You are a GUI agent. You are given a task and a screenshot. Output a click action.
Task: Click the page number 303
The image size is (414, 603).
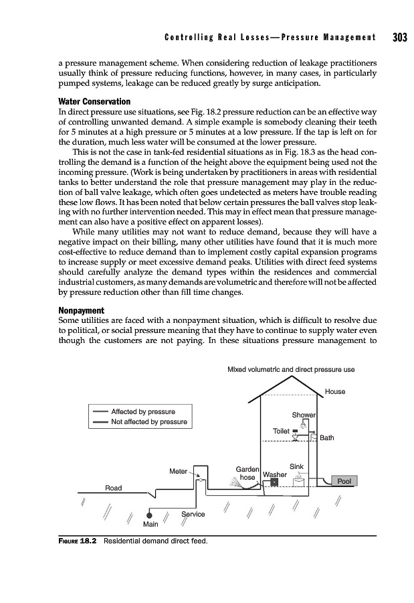tap(399, 36)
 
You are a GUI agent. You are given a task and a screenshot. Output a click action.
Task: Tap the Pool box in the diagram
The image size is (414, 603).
tap(344, 480)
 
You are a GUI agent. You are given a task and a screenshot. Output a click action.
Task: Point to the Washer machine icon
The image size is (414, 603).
tap(274, 483)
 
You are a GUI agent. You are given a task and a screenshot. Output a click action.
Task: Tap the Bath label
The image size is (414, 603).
tap(327, 438)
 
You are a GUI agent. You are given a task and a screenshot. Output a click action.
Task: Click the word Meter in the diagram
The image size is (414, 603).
tap(178, 471)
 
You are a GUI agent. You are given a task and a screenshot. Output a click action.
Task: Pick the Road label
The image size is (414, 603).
tap(114, 488)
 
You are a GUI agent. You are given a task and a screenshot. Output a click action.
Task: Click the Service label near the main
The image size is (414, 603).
tap(193, 514)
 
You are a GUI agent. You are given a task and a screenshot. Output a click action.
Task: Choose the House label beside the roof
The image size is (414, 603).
tap(334, 391)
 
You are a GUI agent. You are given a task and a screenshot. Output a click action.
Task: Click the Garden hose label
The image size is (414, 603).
tap(247, 473)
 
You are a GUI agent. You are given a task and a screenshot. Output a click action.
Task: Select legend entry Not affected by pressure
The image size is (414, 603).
tap(148, 422)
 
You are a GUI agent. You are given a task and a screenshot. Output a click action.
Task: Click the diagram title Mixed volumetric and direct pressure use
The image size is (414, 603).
tap(291, 369)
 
